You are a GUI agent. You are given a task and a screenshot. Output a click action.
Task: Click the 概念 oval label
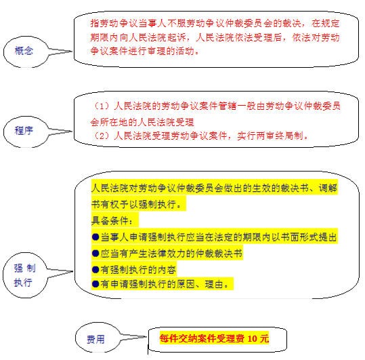coord(24,51)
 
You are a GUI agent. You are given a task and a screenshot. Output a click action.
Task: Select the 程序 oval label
coord(24,130)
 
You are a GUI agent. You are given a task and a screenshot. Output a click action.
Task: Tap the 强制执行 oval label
coord(24,275)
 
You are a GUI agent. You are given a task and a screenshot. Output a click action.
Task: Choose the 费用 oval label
coord(95,339)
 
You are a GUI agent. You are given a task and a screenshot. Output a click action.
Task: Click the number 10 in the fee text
coord(252,338)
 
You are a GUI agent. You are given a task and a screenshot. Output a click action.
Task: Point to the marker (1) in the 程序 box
coord(102,106)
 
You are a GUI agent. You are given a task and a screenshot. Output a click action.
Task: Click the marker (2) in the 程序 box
coord(102,136)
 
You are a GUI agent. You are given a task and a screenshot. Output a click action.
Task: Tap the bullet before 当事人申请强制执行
coord(95,237)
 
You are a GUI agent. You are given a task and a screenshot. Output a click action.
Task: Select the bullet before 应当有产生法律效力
coord(95,254)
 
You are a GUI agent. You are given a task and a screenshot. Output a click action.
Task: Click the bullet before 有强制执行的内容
coord(95,270)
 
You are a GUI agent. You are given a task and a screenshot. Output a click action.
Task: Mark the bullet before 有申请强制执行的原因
coord(95,284)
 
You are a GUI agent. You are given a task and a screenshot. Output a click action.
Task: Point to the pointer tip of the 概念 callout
coord(72,52)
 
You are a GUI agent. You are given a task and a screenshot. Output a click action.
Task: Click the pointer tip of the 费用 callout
coord(146,337)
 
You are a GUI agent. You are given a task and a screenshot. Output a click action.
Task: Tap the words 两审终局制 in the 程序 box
coord(280,136)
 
